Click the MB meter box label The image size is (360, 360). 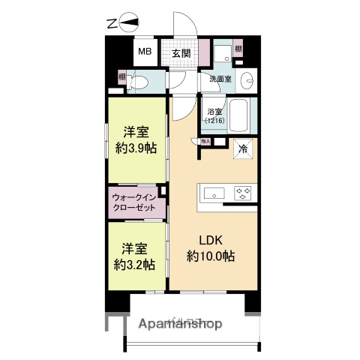tap(142, 53)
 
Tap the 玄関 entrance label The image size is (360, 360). tap(180, 53)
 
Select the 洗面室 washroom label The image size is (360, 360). tap(220, 78)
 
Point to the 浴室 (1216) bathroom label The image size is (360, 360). tap(214, 115)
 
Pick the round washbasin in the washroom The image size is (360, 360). tap(250, 79)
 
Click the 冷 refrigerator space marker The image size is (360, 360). tap(242, 149)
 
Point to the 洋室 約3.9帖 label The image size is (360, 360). tap(135, 139)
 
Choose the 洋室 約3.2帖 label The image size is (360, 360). tap(135, 256)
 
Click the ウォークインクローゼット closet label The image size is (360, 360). tap(135, 201)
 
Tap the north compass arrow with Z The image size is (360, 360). tap(123, 23)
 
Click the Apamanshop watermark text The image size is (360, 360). tap(181, 325)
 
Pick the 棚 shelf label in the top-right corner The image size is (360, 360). tap(238, 49)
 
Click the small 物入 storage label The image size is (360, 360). tap(205, 141)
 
